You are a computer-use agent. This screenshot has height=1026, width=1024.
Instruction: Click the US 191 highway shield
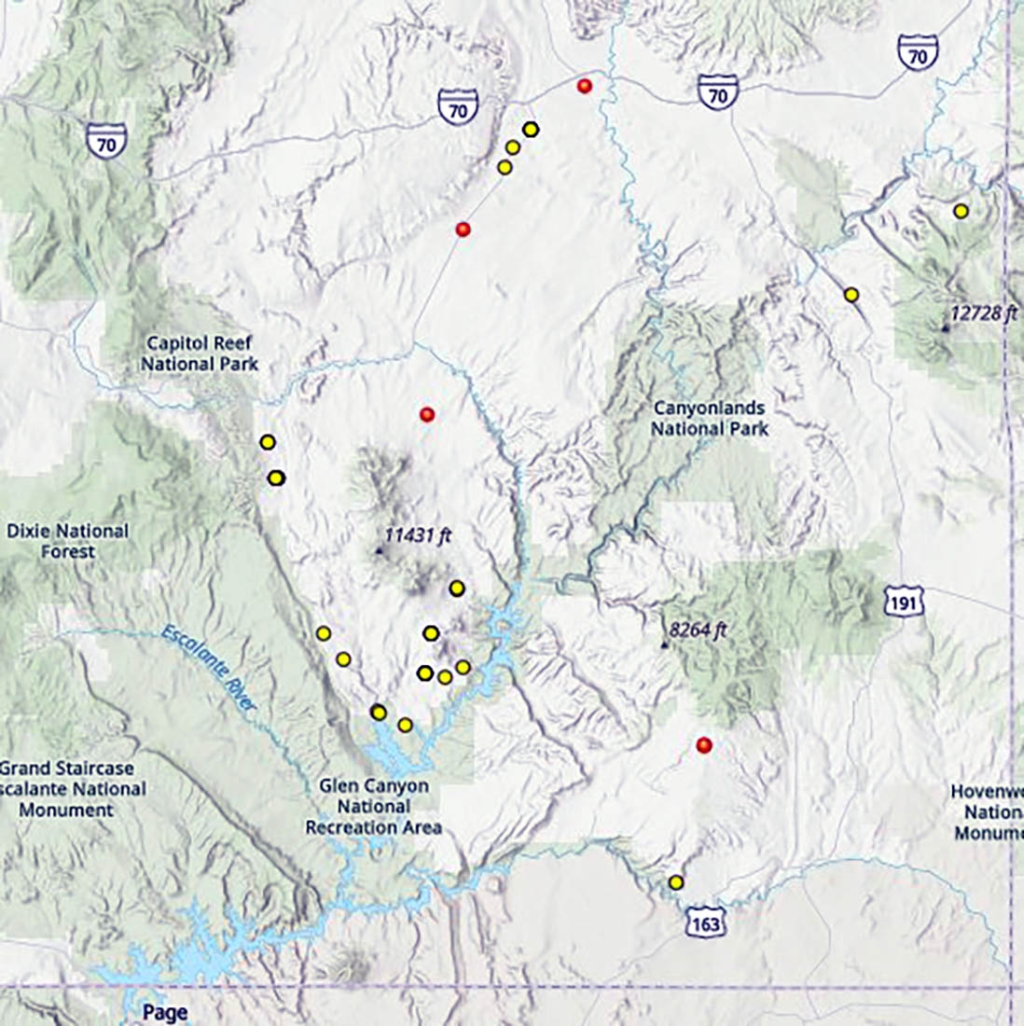tap(904, 602)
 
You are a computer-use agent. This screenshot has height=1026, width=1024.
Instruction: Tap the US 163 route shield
tap(706, 922)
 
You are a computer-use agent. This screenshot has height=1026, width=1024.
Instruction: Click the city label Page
tap(165, 1012)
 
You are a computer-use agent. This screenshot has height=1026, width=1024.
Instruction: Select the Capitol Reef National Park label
tap(200, 354)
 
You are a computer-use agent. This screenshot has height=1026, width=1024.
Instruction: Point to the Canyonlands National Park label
tap(710, 418)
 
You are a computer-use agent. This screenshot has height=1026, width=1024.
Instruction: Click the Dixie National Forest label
tap(67, 541)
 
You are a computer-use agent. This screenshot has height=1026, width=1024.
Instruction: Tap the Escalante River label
tap(209, 670)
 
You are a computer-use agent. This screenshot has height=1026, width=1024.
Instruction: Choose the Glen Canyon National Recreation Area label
tap(373, 807)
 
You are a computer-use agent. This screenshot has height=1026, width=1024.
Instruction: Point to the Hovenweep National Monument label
tap(989, 812)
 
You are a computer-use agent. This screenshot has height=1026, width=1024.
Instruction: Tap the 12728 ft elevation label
tap(983, 312)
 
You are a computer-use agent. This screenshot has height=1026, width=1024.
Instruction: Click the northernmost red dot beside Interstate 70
tap(585, 86)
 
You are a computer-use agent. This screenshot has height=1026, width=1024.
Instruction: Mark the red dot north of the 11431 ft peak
tap(427, 414)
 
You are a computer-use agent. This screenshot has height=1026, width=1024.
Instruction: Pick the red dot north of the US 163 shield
tap(704, 744)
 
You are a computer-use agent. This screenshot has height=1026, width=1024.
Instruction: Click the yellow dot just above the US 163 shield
tap(676, 882)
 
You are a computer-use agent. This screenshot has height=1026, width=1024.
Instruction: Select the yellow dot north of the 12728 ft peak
tap(961, 211)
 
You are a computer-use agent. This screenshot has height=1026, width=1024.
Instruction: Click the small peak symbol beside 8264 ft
tap(665, 645)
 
